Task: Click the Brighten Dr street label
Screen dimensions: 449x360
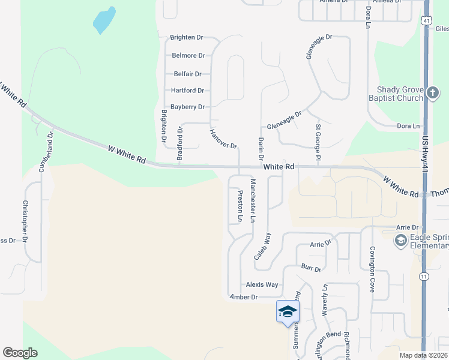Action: click(187, 37)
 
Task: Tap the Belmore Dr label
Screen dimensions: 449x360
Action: click(188, 55)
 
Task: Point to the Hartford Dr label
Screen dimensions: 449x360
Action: click(187, 91)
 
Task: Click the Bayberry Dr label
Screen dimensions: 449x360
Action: click(188, 107)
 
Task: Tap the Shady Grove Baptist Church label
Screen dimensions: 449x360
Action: click(400, 93)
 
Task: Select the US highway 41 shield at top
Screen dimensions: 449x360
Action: click(425, 20)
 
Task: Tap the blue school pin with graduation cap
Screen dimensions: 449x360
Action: click(288, 311)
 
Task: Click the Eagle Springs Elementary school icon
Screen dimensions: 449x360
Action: click(400, 241)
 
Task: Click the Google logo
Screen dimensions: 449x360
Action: click(20, 352)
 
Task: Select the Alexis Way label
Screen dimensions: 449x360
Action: click(262, 284)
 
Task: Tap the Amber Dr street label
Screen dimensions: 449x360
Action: click(244, 297)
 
